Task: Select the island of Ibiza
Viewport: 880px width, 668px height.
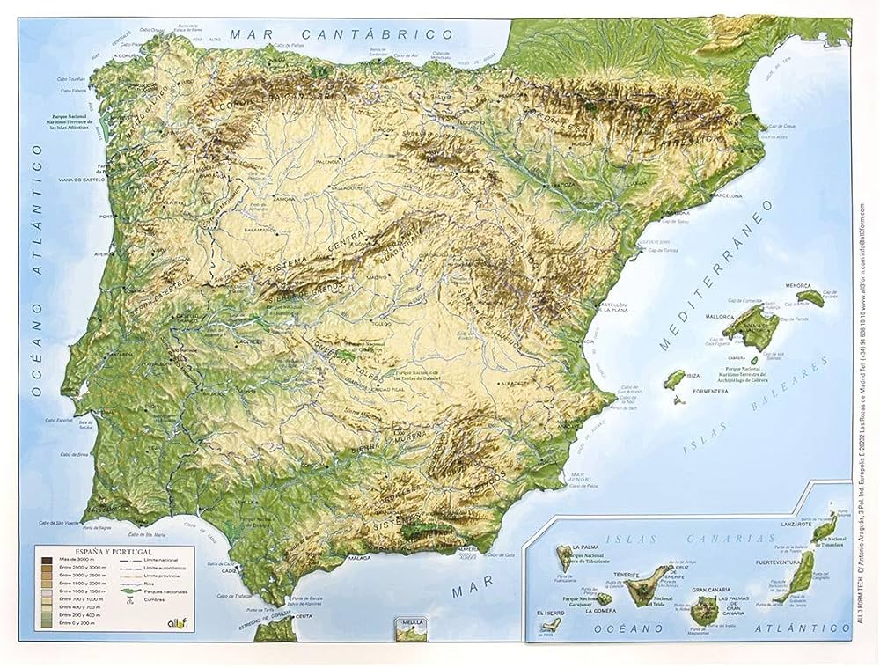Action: (675, 379)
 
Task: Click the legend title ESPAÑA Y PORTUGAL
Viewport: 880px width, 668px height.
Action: (81, 550)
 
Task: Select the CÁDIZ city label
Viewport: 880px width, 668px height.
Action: (230, 569)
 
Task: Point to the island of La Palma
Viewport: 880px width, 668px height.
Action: (560, 557)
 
